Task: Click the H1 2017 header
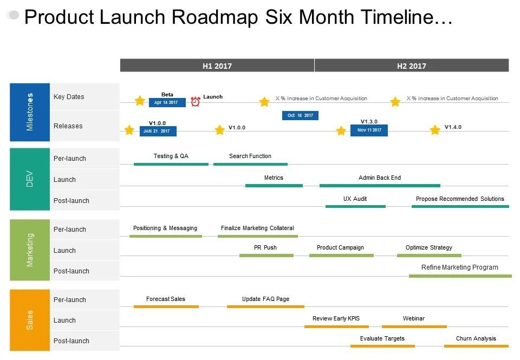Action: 217,66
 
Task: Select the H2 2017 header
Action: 412,66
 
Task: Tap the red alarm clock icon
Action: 196,101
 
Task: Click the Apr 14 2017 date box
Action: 167,102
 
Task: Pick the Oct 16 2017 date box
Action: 300,115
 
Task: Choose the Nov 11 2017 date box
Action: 369,130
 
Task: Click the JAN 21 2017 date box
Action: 158,131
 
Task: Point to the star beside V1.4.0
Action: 435,129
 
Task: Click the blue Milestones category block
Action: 30,113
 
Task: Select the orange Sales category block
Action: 30,320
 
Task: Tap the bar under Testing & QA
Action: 171,164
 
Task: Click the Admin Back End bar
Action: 380,186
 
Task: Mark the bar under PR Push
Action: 266,256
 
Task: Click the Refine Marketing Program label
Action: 460,267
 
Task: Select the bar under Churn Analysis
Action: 476,346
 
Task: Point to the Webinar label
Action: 413,318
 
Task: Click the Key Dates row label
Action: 69,97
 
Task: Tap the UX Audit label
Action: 355,199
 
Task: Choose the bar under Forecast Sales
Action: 166,306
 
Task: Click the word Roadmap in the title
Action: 215,17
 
